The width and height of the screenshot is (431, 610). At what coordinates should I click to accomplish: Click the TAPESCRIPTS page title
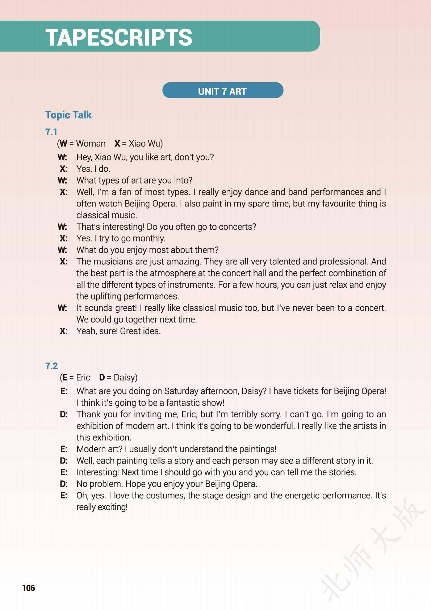pyautogui.click(x=119, y=37)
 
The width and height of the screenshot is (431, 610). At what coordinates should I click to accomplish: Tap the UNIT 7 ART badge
pyautogui.click(x=222, y=91)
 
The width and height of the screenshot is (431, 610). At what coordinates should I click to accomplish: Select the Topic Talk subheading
pyautogui.click(x=68, y=115)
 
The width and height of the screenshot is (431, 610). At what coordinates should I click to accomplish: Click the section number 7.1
pyautogui.click(x=51, y=132)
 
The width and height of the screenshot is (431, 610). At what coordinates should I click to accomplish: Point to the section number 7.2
pyautogui.click(x=51, y=366)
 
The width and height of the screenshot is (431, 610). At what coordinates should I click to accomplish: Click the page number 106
pyautogui.click(x=29, y=588)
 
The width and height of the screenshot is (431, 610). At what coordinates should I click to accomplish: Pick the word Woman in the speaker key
pyautogui.click(x=91, y=144)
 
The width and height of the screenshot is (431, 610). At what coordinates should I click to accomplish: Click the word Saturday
pyautogui.click(x=181, y=391)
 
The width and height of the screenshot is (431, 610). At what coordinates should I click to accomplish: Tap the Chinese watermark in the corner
pyautogui.click(x=373, y=551)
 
